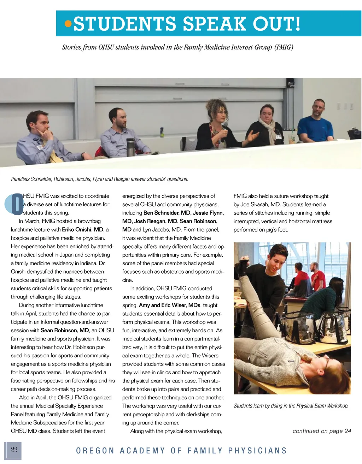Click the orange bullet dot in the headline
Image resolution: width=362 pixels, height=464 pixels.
pos(68,24)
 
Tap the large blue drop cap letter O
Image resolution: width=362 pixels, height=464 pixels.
pos(17,204)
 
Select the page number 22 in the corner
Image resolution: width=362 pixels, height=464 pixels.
pos(14,449)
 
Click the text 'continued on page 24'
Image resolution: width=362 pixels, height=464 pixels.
pos(322,431)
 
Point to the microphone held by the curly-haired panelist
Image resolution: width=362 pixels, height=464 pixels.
pos(224,128)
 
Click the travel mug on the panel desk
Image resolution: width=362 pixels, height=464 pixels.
pos(130,147)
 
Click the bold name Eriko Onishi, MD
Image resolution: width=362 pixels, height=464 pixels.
pos(82,230)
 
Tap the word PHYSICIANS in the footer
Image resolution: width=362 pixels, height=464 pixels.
pos(257,451)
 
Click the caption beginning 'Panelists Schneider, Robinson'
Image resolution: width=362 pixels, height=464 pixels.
pos(99,179)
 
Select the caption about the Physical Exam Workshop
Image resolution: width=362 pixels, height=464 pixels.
pos(291,406)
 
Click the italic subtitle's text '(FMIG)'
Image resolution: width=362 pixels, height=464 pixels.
pos(284,47)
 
